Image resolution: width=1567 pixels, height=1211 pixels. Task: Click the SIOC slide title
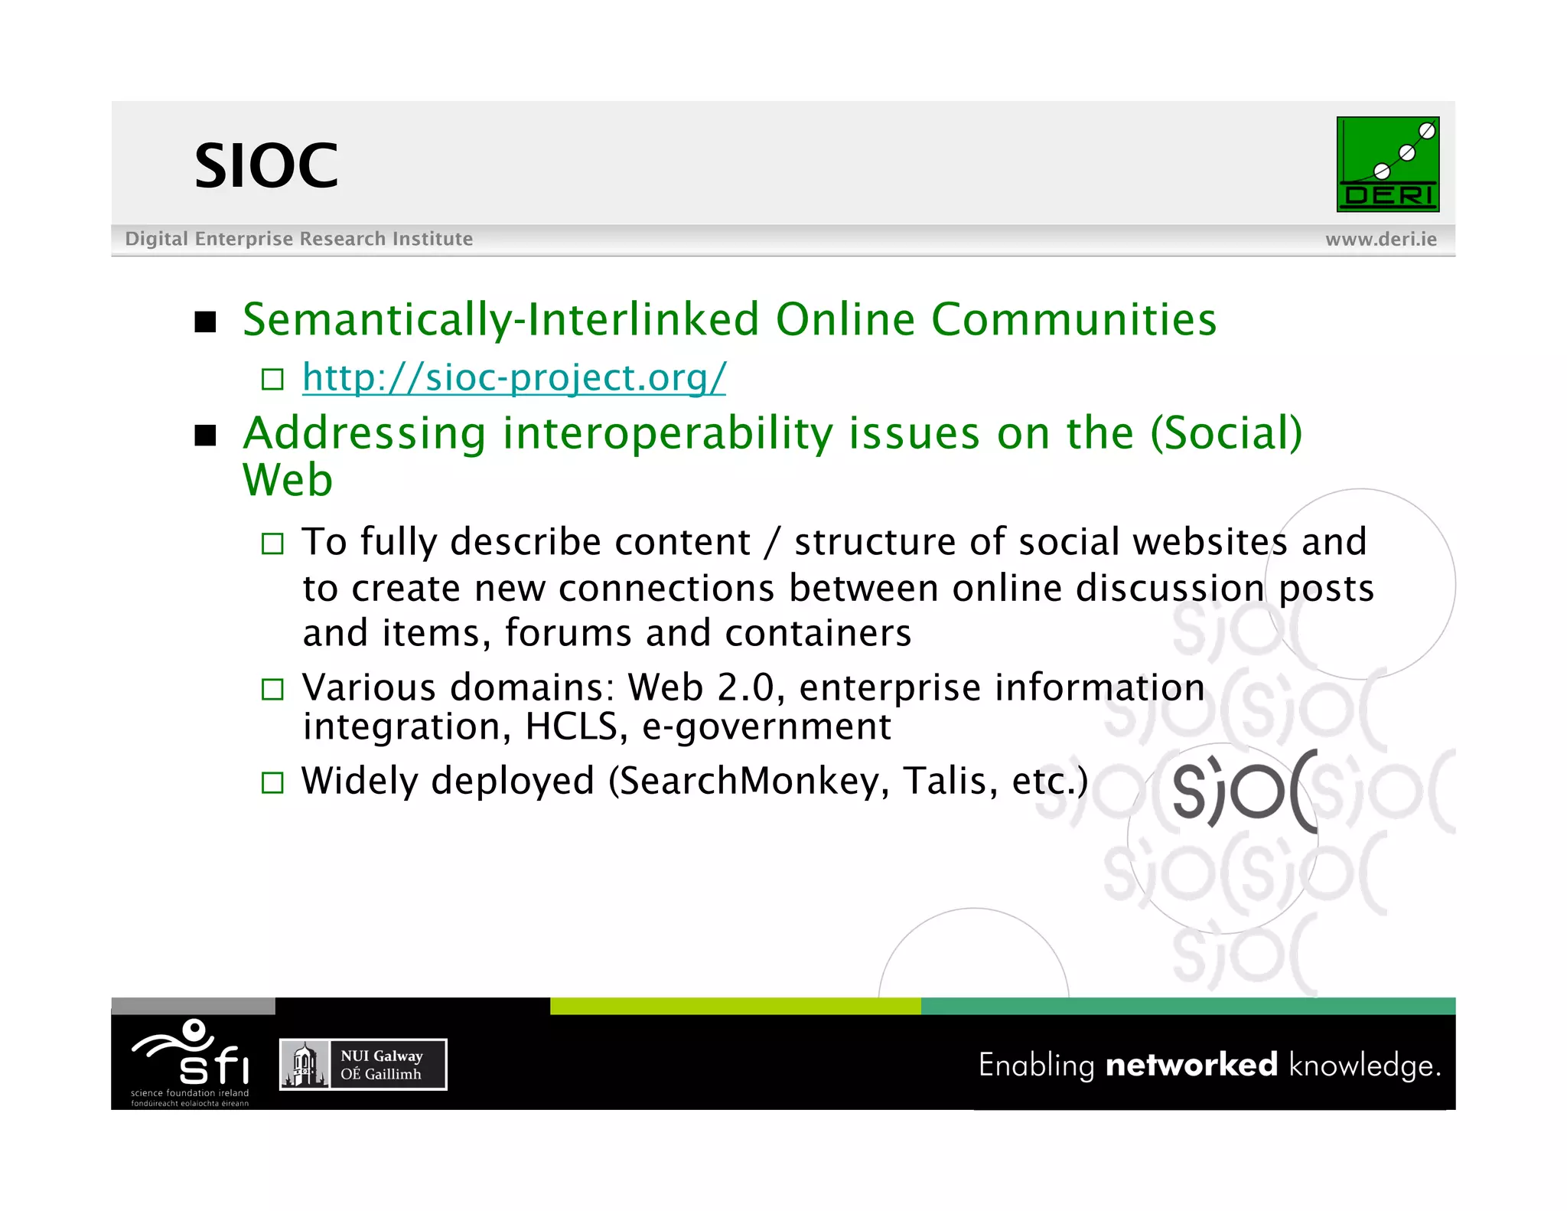pyautogui.click(x=266, y=166)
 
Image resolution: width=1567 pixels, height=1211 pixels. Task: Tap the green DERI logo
pyautogui.click(x=1387, y=164)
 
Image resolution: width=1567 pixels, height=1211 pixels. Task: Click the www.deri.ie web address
pyautogui.click(x=1380, y=240)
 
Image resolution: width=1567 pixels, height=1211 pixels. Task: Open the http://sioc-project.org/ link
pyautogui.click(x=513, y=377)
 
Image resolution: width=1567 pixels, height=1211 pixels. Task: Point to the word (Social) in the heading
pyautogui.click(x=1226, y=433)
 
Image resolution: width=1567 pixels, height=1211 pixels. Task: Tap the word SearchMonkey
pyautogui.click(x=749, y=782)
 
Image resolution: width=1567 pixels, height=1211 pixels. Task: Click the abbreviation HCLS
pyautogui.click(x=571, y=726)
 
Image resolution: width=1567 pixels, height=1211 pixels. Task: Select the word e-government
pyautogui.click(x=766, y=726)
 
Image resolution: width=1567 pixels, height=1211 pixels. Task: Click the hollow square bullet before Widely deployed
pyautogui.click(x=272, y=782)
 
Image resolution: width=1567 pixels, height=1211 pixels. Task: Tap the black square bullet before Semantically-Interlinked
pyautogui.click(x=205, y=322)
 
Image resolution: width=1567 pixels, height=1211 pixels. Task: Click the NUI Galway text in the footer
pyautogui.click(x=381, y=1056)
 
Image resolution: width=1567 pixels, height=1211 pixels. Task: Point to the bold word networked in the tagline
pyautogui.click(x=1191, y=1065)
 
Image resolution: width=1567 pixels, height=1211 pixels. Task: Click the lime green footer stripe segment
pyautogui.click(x=735, y=1006)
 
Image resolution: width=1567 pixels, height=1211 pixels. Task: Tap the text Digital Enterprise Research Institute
pyautogui.click(x=298, y=240)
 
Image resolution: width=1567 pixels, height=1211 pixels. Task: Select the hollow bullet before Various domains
pyautogui.click(x=272, y=690)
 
